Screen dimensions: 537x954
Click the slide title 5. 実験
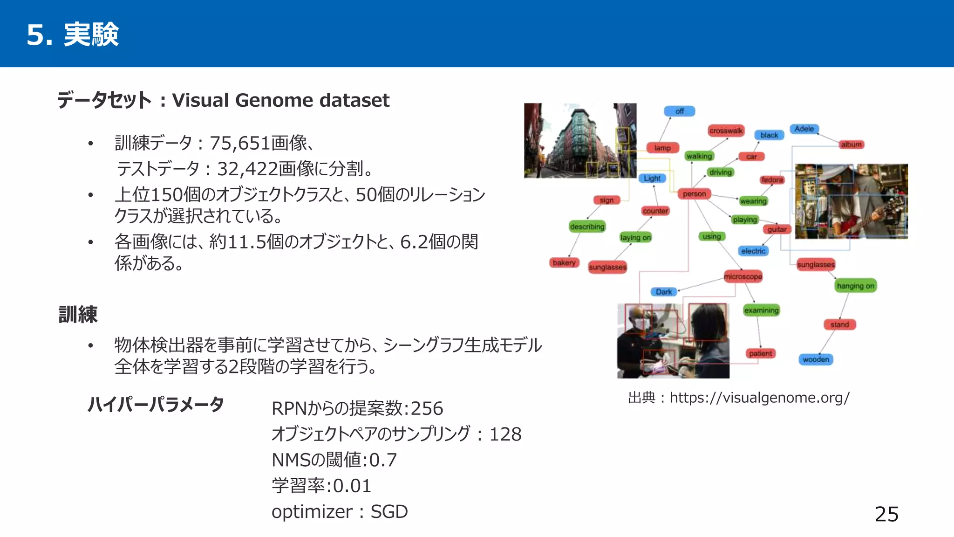(x=73, y=34)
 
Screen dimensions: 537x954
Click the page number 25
(x=886, y=514)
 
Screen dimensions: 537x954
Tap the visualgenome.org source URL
(x=759, y=398)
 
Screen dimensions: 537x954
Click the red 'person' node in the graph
(x=694, y=194)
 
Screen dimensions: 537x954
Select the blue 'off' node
(x=679, y=111)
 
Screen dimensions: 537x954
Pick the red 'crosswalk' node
(x=726, y=131)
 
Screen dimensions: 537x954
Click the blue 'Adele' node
(x=804, y=129)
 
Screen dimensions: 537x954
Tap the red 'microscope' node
(x=743, y=276)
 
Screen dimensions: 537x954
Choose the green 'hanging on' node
(x=855, y=286)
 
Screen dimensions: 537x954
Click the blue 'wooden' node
(x=816, y=359)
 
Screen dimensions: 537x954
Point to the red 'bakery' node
(x=564, y=263)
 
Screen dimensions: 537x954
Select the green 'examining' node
(x=761, y=310)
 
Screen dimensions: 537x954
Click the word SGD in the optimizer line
(x=389, y=512)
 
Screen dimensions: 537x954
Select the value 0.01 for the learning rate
(x=352, y=486)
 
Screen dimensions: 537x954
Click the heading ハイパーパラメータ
(x=156, y=405)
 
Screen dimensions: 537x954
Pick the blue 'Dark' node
(x=663, y=292)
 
